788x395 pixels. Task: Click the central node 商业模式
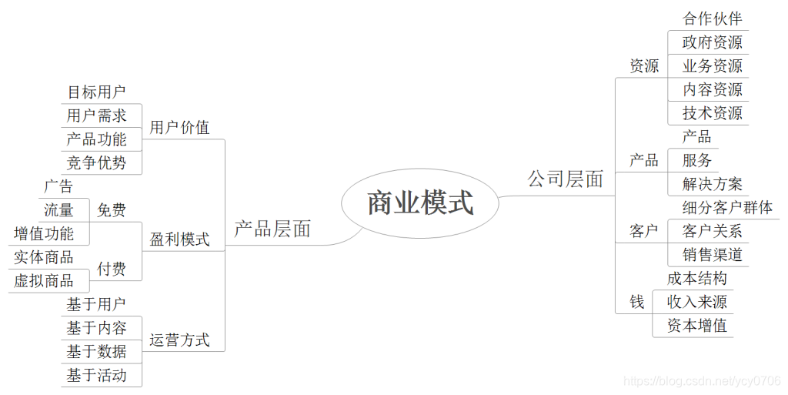tap(420, 203)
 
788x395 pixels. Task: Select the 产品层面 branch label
tap(272, 229)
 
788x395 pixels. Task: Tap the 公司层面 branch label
tap(565, 179)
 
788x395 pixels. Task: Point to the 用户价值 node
tap(179, 127)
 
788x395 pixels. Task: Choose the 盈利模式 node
tap(179, 239)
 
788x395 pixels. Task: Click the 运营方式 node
tap(179, 340)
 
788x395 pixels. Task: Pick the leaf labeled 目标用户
tap(96, 92)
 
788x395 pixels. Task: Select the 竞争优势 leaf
tap(96, 162)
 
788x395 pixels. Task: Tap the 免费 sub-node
tap(112, 209)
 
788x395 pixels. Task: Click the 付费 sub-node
tap(112, 269)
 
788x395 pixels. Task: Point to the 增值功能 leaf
tap(44, 233)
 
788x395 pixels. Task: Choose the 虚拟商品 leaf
tap(44, 280)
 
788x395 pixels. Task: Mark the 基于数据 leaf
tap(96, 352)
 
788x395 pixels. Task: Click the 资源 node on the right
tap(644, 66)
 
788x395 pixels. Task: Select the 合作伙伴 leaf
tap(712, 18)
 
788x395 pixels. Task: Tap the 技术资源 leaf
tap(712, 113)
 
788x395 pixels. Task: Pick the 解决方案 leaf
tap(712, 184)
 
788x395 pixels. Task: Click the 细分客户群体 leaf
tap(727, 207)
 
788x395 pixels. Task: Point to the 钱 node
tap(637, 302)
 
